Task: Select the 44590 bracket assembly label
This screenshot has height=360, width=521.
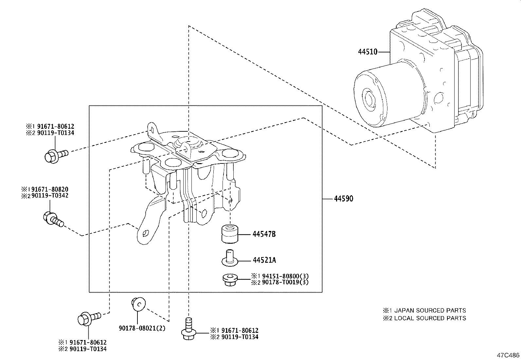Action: coord(344,199)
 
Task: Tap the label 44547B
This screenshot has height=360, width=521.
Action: coord(264,234)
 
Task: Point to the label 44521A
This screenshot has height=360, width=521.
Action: coord(264,260)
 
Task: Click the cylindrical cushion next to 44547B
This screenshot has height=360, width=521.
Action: coord(229,234)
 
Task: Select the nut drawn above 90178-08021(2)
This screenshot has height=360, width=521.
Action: coord(138,304)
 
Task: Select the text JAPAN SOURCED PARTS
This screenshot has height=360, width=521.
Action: coord(430,310)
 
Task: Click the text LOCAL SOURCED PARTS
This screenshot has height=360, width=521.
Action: coord(430,318)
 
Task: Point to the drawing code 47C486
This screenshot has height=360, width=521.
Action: coord(508,355)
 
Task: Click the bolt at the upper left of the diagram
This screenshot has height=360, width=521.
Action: coord(55,155)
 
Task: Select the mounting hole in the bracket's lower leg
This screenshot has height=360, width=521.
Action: coord(146,233)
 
